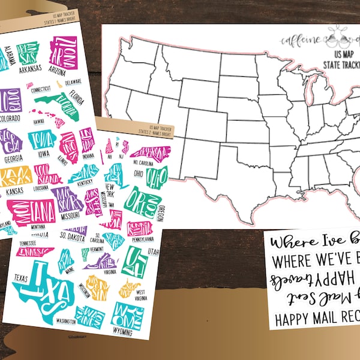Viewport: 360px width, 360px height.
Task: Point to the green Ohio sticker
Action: point(156,177)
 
